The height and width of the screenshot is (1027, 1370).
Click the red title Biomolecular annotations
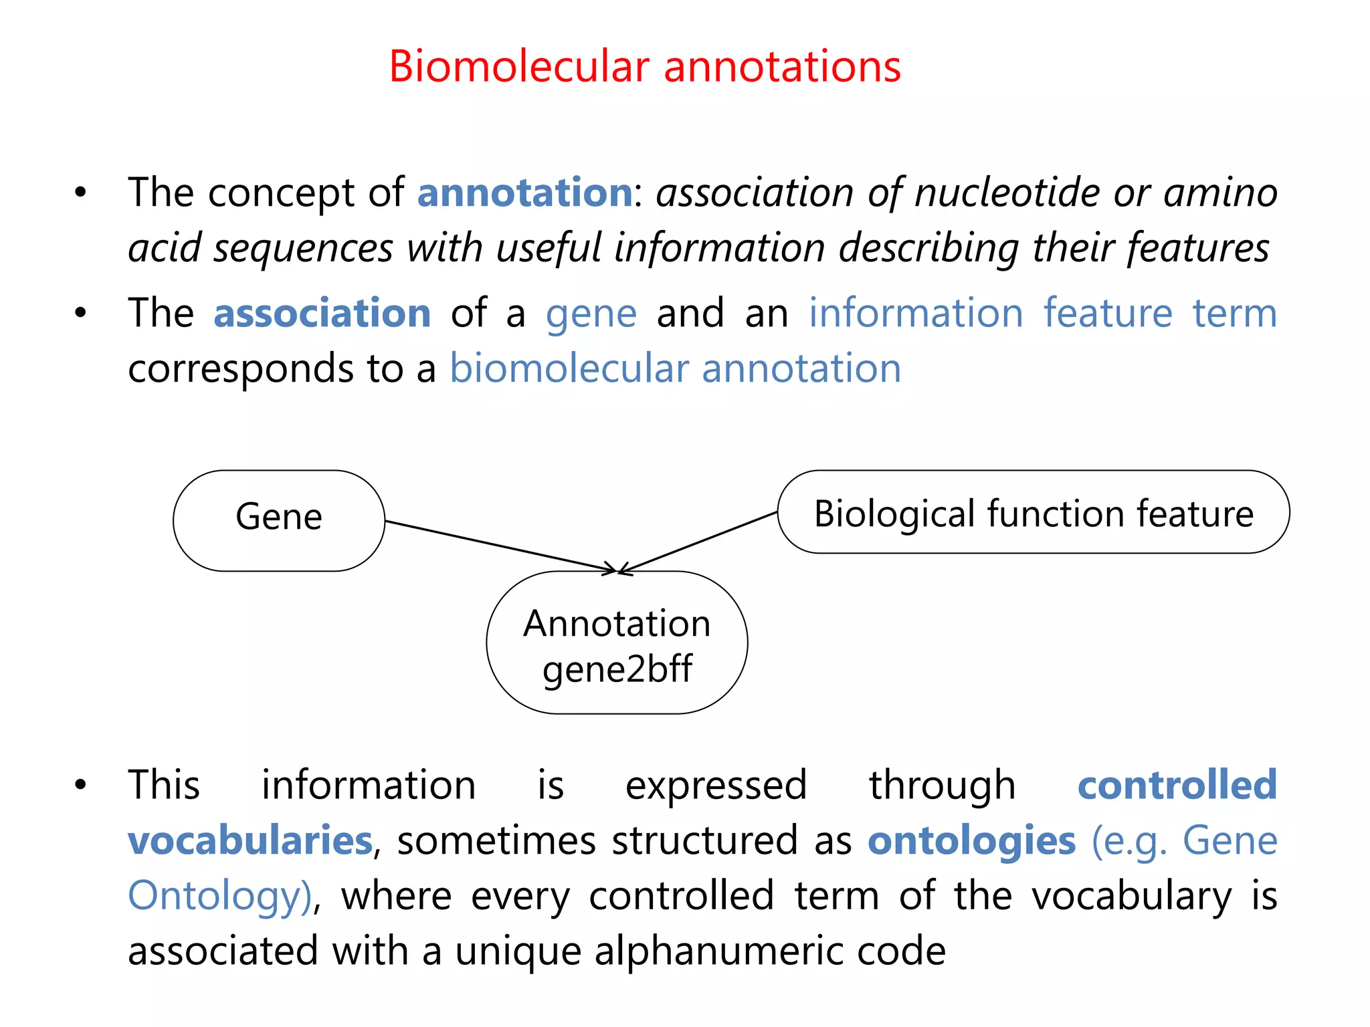645,67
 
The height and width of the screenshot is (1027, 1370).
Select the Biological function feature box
1034,513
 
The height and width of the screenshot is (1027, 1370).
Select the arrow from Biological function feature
699,541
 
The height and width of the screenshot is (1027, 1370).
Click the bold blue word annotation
525,193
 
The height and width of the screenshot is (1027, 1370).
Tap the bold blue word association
322,313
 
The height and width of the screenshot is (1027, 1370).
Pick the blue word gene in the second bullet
591,314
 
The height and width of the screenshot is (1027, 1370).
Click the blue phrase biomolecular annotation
675,368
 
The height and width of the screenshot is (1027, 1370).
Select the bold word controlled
1177,785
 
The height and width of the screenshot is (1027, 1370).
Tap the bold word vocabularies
250,840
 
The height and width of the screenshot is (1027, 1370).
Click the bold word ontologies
971,840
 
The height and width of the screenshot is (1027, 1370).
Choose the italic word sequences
303,248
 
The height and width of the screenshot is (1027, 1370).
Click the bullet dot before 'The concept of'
81,193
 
